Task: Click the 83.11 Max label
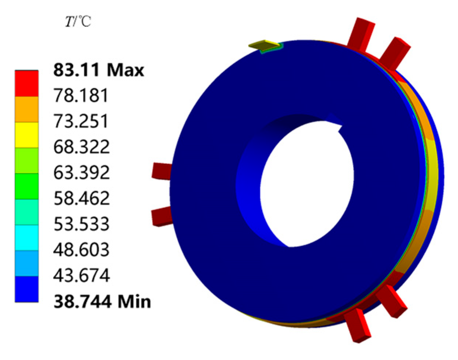(x=99, y=70)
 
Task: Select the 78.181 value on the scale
(x=81, y=96)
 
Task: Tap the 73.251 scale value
(x=81, y=121)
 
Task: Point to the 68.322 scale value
(x=81, y=147)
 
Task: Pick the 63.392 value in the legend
(x=81, y=173)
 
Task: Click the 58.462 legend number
(x=81, y=198)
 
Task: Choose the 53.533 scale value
(x=81, y=224)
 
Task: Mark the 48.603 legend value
(x=81, y=250)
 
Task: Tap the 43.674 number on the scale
(x=81, y=275)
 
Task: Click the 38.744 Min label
(x=102, y=301)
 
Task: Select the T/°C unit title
(x=78, y=22)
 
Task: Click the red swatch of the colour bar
(x=26, y=84)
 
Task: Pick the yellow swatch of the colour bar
(x=26, y=135)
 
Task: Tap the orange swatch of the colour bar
(x=26, y=109)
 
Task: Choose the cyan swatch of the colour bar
(x=26, y=238)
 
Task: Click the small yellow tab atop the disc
(x=265, y=45)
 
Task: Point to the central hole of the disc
(x=308, y=183)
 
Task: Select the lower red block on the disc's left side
(x=162, y=216)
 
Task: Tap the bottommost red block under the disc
(x=357, y=325)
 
